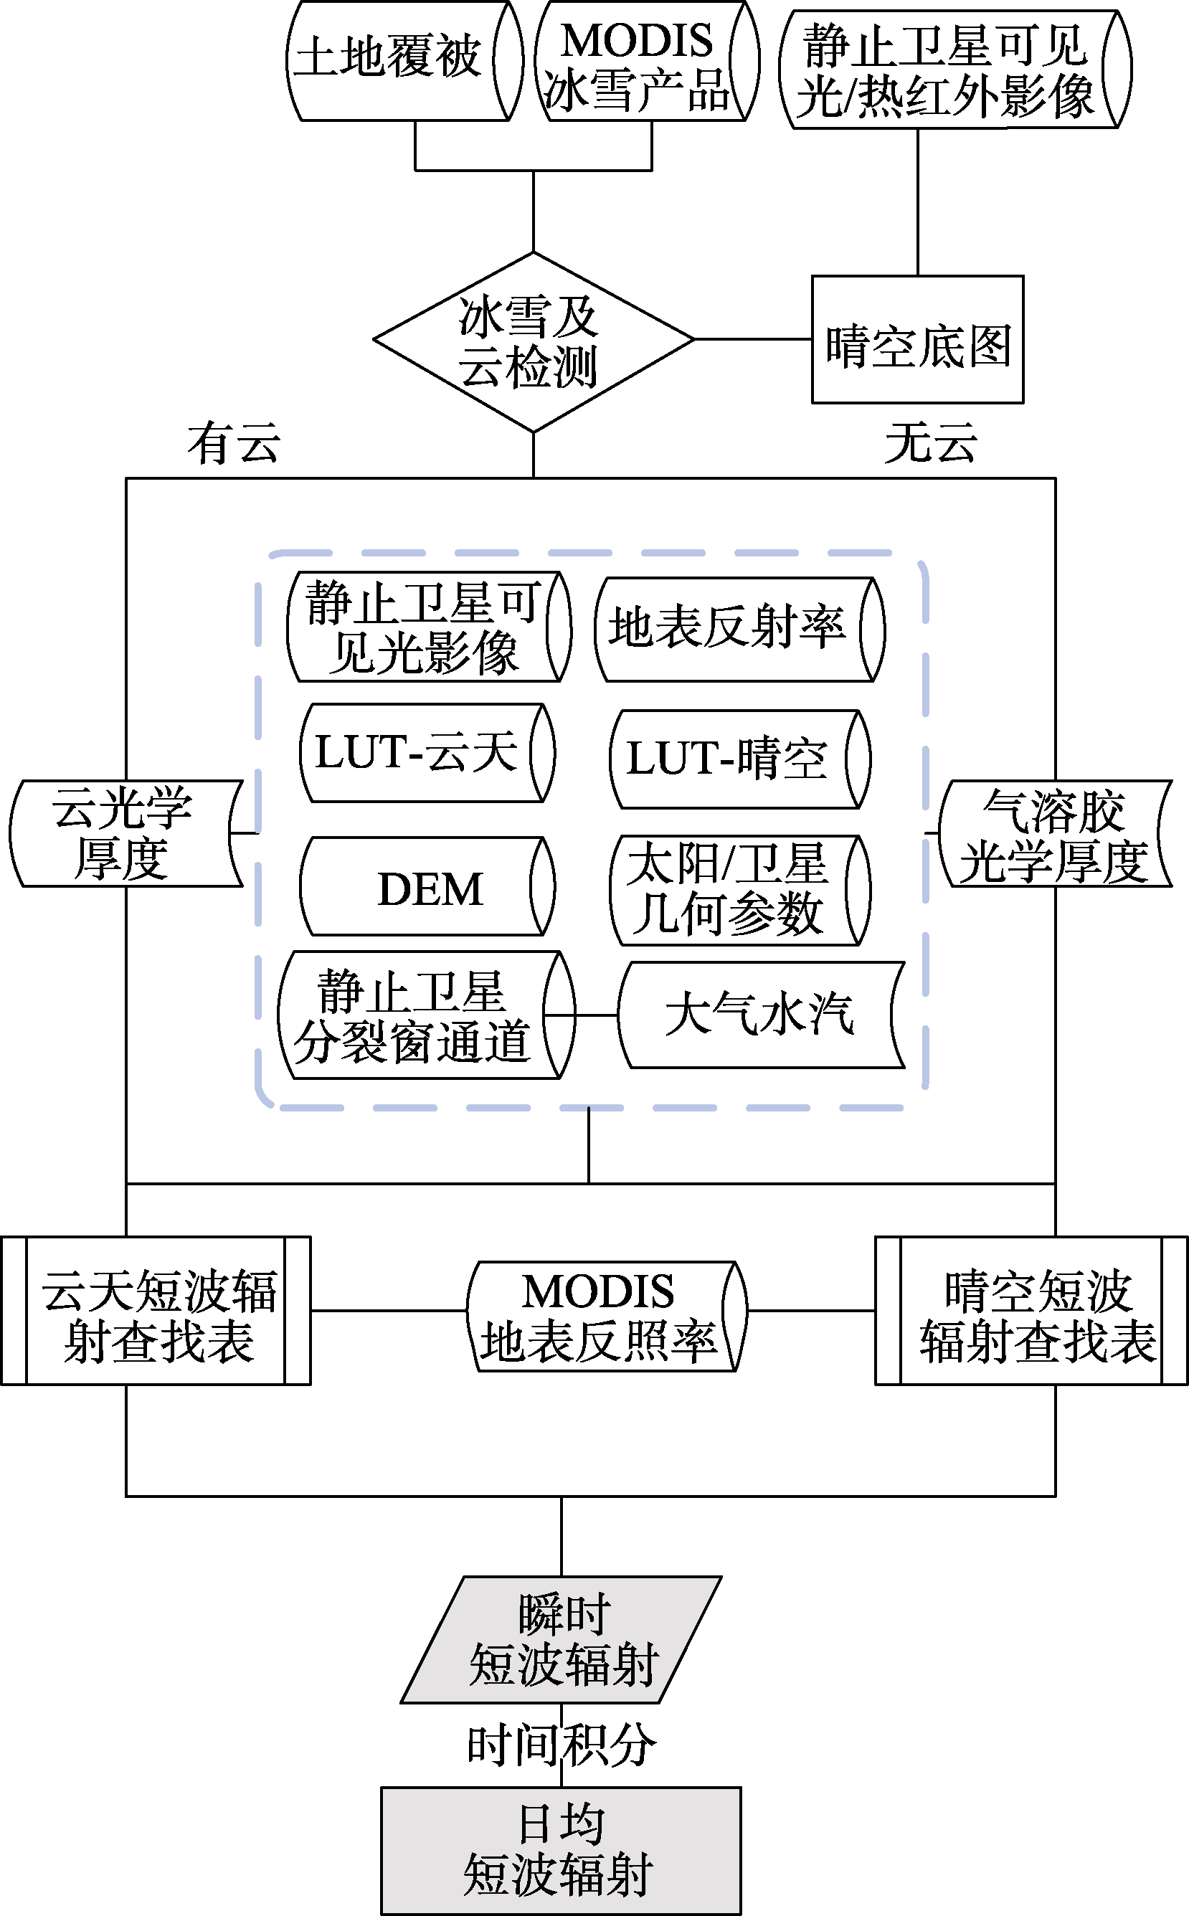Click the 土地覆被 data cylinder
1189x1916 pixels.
click(404, 60)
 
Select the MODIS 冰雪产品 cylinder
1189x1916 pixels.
click(647, 60)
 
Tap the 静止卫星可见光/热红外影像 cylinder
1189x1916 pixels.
click(955, 69)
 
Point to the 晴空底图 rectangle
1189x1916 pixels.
click(918, 339)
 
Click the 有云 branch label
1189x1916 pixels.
click(234, 442)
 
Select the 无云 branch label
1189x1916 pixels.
click(931, 442)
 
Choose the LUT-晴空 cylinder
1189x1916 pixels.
click(740, 759)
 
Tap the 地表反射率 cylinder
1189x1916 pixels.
click(740, 629)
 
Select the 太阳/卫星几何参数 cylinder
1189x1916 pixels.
click(740, 890)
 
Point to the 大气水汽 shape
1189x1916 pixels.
click(761, 1014)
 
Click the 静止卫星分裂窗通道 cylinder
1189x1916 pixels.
click(427, 1014)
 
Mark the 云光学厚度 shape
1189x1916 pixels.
click(125, 833)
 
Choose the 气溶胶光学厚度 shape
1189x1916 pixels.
click(1056, 833)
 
